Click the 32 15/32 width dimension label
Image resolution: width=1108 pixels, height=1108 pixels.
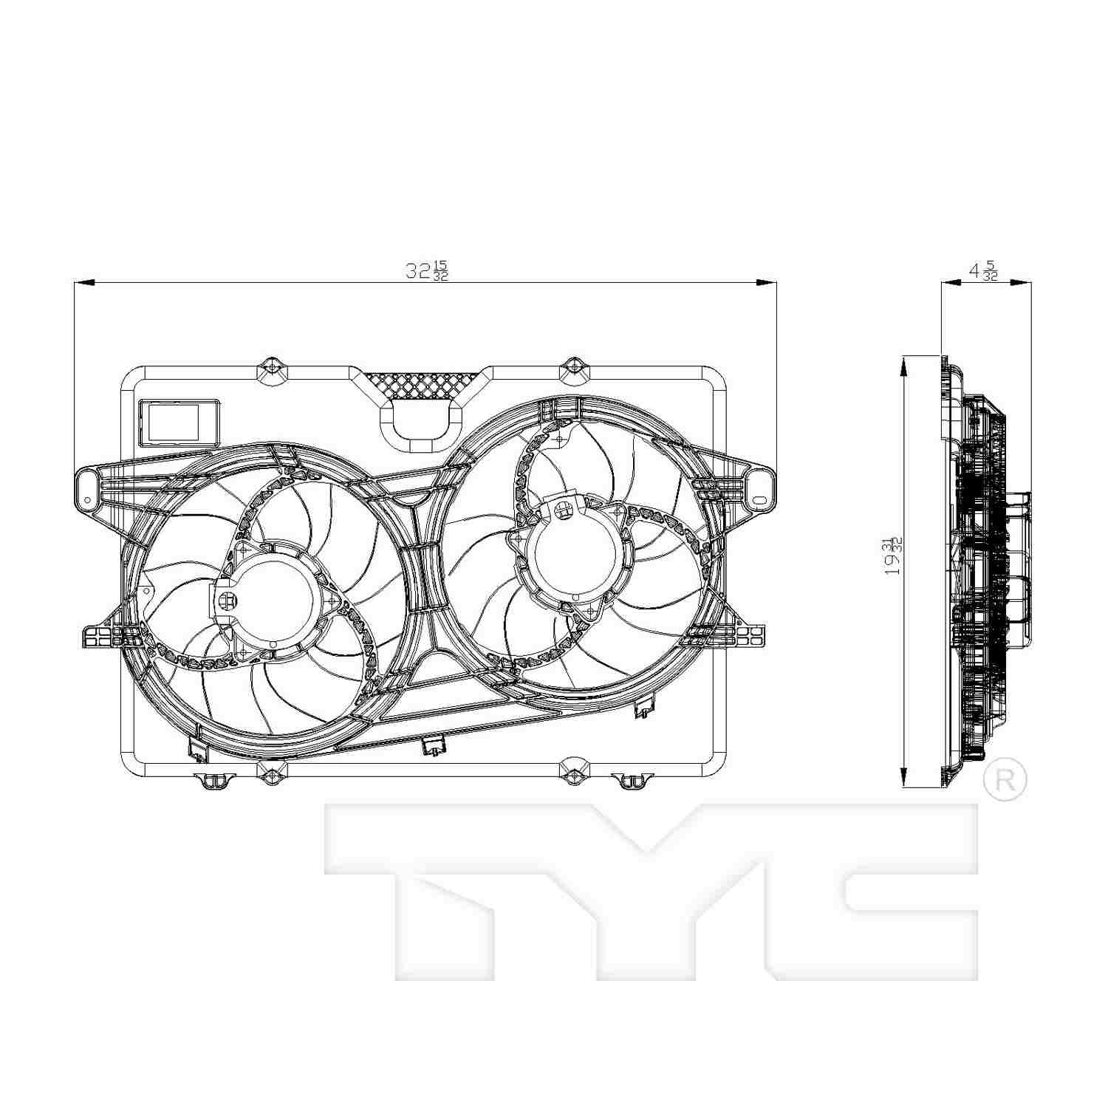point(426,270)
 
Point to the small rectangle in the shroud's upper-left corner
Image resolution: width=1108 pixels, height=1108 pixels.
point(179,422)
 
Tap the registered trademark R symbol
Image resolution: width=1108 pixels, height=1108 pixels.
point(1005,779)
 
